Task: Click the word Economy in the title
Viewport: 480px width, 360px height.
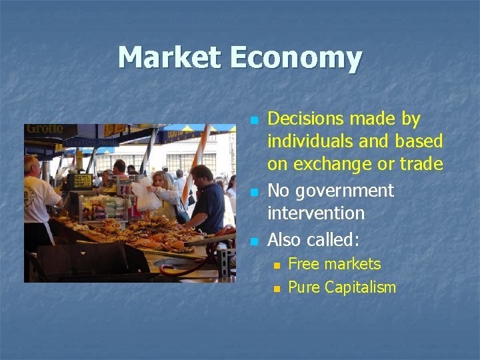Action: click(x=297, y=59)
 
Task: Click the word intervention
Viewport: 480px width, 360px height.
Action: click(x=315, y=213)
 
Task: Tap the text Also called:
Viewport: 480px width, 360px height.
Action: click(x=313, y=239)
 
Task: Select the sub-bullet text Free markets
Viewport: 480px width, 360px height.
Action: click(x=334, y=264)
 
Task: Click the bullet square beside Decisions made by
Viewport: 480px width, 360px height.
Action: click(x=253, y=121)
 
